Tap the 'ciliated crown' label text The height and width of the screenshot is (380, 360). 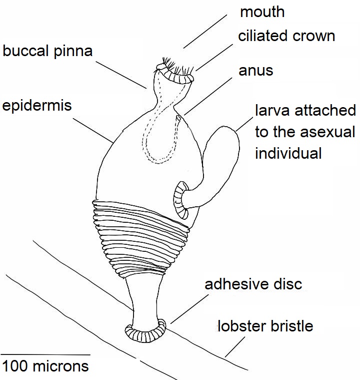(286, 36)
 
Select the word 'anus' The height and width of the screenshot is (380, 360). (255, 71)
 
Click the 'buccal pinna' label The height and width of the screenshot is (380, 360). (47, 52)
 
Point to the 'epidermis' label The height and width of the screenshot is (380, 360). (37, 106)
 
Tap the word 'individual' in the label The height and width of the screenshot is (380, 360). (288, 153)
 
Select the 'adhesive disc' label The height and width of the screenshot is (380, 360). (253, 284)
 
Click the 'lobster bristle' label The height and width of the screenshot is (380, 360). (265, 326)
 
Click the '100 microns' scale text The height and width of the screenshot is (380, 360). (45, 365)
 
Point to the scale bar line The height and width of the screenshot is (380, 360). (45, 354)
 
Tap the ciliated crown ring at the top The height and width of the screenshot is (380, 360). (176, 76)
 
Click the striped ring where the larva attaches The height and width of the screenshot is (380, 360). (180, 201)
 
